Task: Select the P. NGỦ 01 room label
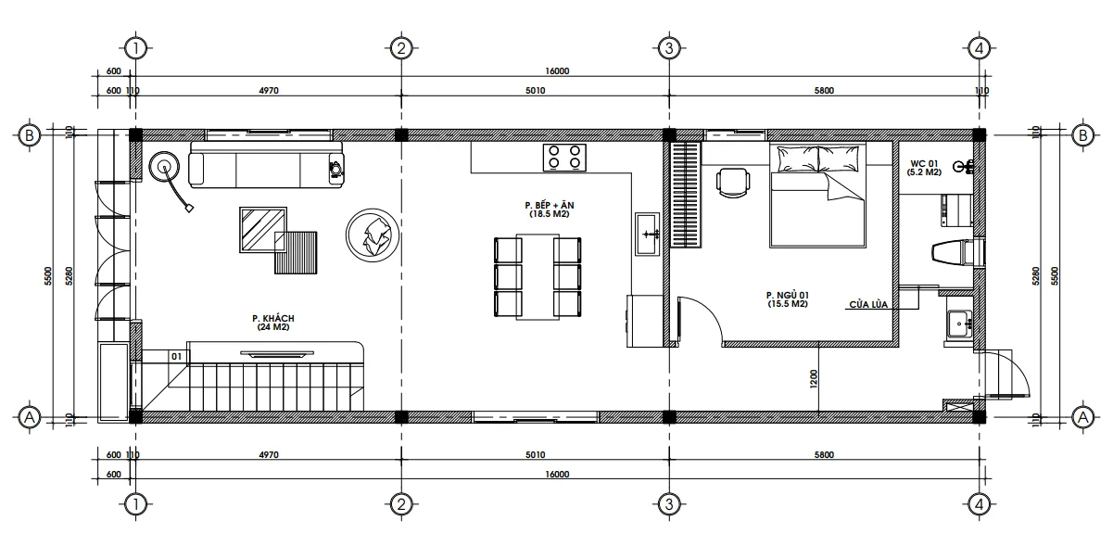pos(788,299)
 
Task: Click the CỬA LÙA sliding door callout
pos(867,304)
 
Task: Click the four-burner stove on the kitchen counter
pos(565,157)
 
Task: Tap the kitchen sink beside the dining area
pos(647,233)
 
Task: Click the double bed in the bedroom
pos(817,195)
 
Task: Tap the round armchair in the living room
pos(373,235)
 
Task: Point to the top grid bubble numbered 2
pos(400,47)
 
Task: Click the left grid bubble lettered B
pos(30,135)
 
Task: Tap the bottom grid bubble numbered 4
pos(979,503)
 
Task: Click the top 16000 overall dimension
pos(556,71)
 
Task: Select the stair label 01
pos(175,355)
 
